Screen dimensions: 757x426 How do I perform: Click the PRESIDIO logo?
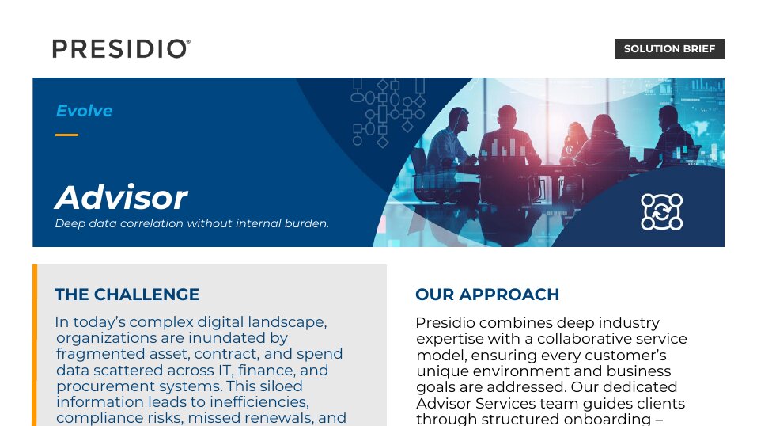coord(121,49)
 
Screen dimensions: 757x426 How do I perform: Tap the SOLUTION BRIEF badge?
coord(669,49)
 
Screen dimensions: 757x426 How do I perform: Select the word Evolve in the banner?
coord(85,111)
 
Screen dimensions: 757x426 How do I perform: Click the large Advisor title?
coord(121,197)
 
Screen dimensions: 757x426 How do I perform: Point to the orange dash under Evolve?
coord(66,135)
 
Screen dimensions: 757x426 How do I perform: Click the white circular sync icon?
coord(661,211)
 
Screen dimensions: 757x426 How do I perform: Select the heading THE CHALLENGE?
coord(127,294)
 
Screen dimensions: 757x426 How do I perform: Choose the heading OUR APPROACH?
coord(487,294)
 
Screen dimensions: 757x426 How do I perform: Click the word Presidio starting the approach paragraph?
coord(445,322)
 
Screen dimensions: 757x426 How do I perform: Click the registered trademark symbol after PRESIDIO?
coord(188,42)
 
